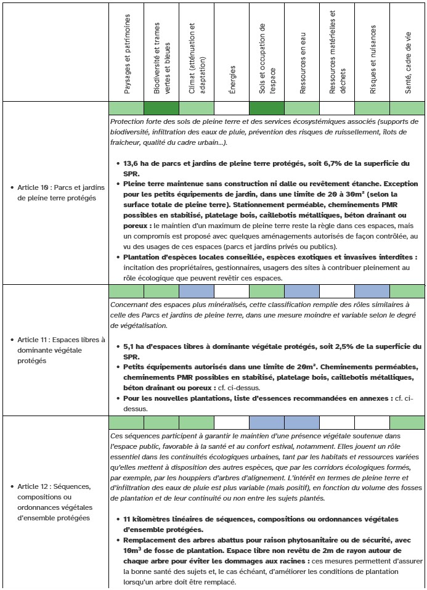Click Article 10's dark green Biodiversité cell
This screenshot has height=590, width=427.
[161, 109]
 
